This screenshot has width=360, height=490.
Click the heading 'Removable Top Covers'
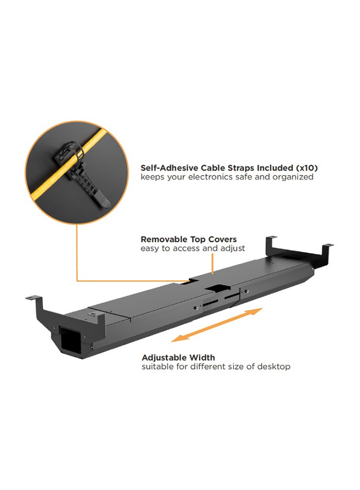coord(189,240)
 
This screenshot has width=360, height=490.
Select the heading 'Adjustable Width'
coord(178,358)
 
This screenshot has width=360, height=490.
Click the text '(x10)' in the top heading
coord(307,168)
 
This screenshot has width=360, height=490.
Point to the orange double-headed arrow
coord(217,324)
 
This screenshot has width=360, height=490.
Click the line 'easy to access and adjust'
coord(192,248)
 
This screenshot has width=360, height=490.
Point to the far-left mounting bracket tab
coord(33,298)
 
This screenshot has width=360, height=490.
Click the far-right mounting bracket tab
coord(328,245)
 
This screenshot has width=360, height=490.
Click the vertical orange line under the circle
coord(77,252)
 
